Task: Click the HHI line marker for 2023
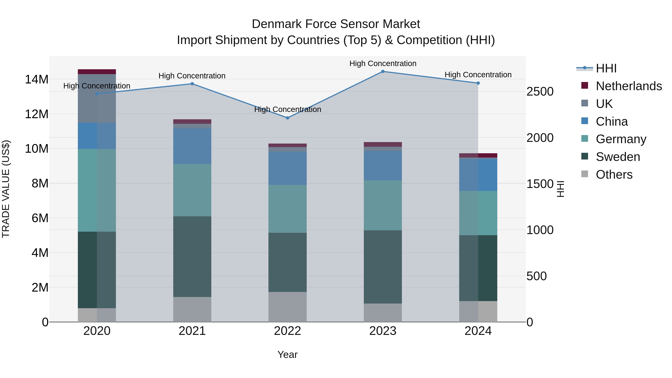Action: pos(383,71)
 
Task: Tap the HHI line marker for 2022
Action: pos(287,118)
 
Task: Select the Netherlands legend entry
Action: pos(629,86)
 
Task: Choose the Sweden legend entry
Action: pos(618,157)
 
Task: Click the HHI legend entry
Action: pos(606,68)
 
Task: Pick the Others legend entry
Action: pos(614,175)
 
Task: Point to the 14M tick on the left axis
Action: pos(37,79)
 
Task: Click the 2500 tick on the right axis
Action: pos(540,92)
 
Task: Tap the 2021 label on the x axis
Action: pos(192,331)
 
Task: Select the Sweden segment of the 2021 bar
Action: pos(192,256)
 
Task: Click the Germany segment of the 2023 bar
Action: pos(383,205)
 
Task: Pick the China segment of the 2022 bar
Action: pos(287,168)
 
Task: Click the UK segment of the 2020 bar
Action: pos(97,98)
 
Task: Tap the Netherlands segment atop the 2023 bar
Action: pos(383,144)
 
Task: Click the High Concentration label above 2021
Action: pos(192,76)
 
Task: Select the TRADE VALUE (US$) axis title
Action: pos(6,189)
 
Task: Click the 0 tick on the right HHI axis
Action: pos(530,322)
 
